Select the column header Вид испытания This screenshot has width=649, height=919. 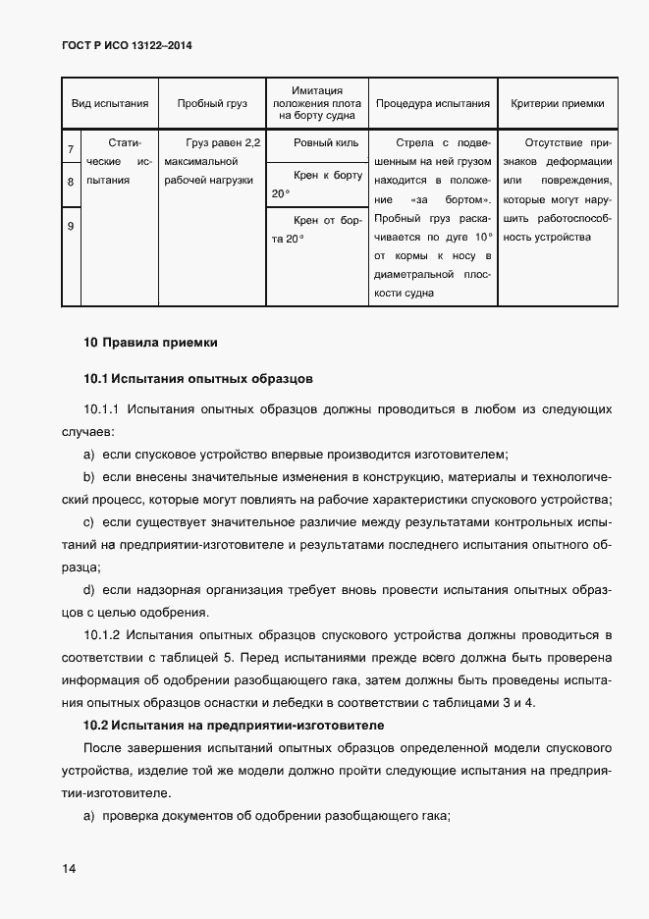pos(109,102)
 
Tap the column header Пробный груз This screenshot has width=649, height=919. pos(212,102)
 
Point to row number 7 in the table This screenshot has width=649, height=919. pos(71,150)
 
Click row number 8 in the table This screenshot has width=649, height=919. pos(71,182)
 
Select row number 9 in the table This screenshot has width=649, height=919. pos(71,227)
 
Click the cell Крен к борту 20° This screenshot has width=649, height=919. pos(316,184)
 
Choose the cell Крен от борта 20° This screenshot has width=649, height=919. pos(316,230)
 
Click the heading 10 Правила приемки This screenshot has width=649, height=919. pos(150,343)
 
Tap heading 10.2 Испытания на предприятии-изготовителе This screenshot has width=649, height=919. pos(233,725)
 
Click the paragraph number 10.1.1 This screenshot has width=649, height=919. pos(101,408)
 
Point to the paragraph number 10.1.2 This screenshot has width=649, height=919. pos(101,638)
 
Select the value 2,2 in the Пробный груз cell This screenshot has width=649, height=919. pos(251,143)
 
